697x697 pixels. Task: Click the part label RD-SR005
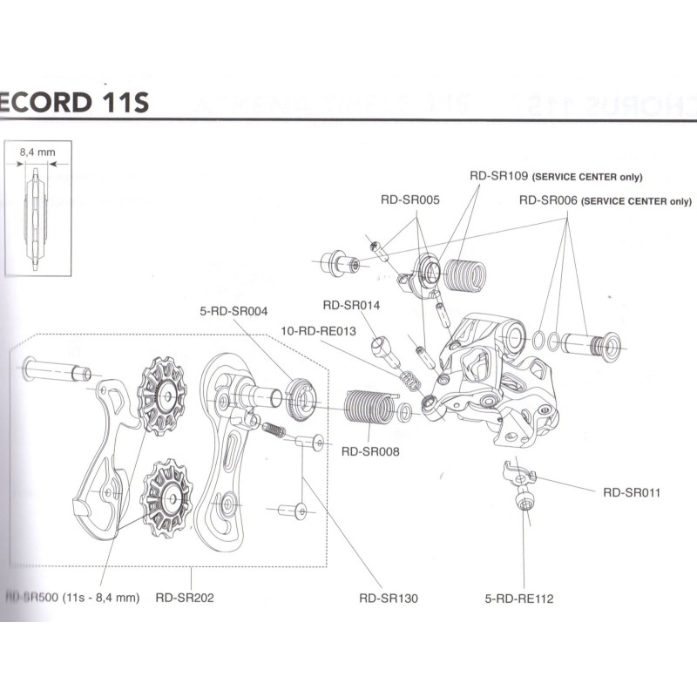coord(410,200)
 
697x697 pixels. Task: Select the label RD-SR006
coord(548,200)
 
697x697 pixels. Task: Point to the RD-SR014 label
coord(351,305)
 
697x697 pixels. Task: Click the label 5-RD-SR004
coord(233,310)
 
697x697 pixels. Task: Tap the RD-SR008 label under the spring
coord(370,451)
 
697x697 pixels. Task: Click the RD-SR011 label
coord(632,492)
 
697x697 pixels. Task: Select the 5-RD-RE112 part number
coord(520,599)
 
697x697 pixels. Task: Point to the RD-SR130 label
coord(388,599)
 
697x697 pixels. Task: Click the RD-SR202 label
coord(185,599)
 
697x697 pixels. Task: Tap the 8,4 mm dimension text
coord(37,151)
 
